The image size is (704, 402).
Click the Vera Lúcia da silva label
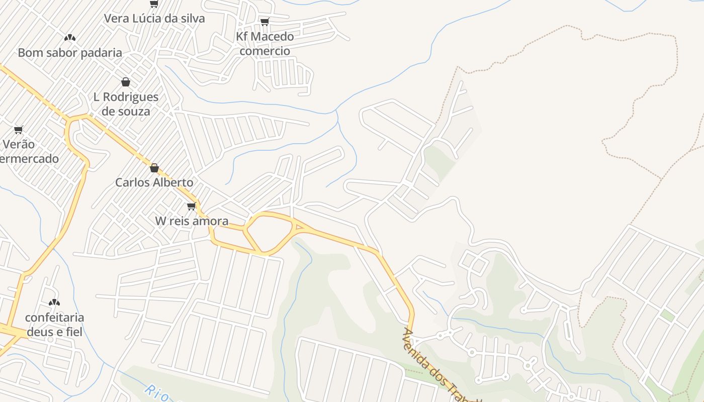pos(154,19)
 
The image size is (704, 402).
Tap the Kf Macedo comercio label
pos(265,43)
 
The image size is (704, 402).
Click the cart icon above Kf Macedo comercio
pos(265,22)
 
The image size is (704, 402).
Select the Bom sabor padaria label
pos(70,53)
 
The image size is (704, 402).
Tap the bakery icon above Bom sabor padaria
pos(70,37)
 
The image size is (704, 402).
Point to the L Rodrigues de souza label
pos(126,104)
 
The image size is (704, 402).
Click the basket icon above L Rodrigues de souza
pos(126,82)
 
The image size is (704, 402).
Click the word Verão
pos(19,145)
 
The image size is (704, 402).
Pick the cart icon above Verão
pos(19,130)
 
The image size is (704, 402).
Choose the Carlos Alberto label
pos(154,182)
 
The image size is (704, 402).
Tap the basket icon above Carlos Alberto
pos(154,168)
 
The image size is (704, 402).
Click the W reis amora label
pos(192,221)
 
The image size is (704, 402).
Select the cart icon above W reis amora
pos(191,206)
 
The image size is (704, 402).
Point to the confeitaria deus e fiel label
pos(54,325)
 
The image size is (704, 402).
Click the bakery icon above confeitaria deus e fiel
pos(54,303)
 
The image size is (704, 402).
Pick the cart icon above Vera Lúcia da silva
pos(154,4)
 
